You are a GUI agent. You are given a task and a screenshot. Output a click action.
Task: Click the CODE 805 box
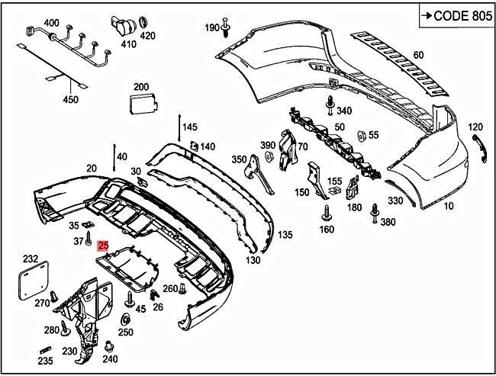point(456,16)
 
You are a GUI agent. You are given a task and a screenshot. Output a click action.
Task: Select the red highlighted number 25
point(103,246)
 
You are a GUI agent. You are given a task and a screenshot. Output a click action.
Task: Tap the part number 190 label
point(211,28)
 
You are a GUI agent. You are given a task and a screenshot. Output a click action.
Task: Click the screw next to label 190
point(227,27)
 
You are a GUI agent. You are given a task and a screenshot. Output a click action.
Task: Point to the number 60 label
point(418,55)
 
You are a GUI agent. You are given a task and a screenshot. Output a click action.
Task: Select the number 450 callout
point(70,99)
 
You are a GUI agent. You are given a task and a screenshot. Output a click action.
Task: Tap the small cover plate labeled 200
point(140,104)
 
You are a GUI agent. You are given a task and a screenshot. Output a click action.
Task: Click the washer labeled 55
point(359,135)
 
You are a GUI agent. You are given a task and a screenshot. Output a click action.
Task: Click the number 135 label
point(285,235)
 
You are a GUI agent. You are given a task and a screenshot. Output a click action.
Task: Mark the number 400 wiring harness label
point(51,24)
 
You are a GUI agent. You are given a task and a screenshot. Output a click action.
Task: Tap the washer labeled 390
point(269,156)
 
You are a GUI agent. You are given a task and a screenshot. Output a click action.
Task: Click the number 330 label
point(395,201)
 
